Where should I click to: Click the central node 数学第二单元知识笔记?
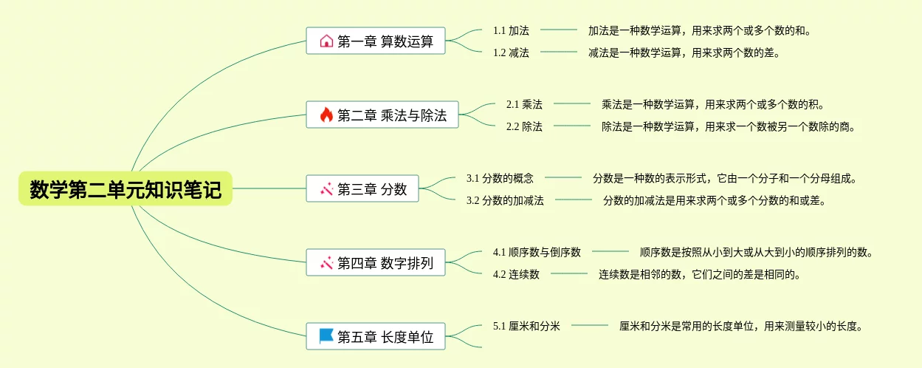tap(125, 189)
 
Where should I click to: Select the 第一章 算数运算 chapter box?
tap(376, 41)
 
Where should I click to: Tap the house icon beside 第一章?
tap(326, 41)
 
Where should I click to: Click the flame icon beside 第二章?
tap(326, 115)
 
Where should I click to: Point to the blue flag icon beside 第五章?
tap(326, 336)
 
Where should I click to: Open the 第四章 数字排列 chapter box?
tap(376, 262)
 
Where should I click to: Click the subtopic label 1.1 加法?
tap(511, 30)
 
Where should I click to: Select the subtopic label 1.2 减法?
tap(511, 52)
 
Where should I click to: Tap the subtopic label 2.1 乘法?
tap(524, 104)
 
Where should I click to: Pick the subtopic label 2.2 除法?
tap(524, 126)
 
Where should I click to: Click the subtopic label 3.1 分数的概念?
tap(500, 178)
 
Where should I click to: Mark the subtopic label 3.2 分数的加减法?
tap(505, 200)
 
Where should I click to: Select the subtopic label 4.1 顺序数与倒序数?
tap(537, 252)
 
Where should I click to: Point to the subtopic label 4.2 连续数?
tap(516, 274)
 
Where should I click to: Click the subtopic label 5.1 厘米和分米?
tap(526, 326)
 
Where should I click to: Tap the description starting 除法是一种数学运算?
tap(728, 126)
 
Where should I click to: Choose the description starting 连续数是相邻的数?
tap(699, 274)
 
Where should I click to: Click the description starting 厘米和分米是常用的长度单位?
tap(740, 326)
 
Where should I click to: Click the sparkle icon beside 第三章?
tap(326, 188)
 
